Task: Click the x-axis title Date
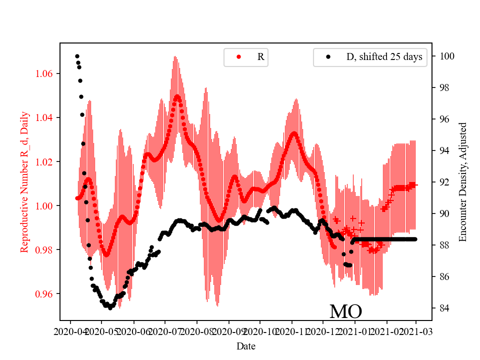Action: coord(245,345)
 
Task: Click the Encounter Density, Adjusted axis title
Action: coord(462,182)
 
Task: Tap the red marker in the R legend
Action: coord(238,57)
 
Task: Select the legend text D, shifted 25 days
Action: coord(384,57)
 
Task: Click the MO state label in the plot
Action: coord(345,311)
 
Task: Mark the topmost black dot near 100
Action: coord(77,56)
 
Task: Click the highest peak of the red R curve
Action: coord(176,96)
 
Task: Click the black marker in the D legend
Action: coord(328,57)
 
